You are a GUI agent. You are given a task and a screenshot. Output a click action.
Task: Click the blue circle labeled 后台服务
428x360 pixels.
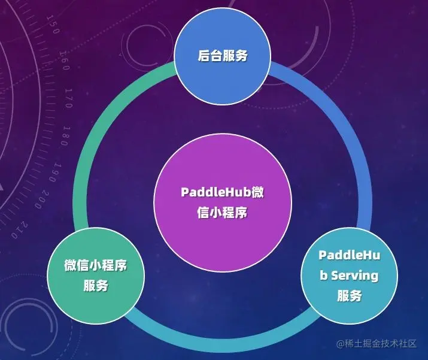coord(223,56)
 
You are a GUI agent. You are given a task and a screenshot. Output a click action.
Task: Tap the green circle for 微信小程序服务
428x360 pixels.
coord(96,274)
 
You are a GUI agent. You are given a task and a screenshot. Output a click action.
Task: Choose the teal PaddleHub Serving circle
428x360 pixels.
coord(349,275)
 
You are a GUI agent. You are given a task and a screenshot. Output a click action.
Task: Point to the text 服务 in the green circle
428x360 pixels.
coord(96,285)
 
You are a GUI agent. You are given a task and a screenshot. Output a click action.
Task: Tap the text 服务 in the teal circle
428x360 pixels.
coord(349,296)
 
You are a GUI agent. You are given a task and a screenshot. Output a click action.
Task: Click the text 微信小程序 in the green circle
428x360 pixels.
coord(96,265)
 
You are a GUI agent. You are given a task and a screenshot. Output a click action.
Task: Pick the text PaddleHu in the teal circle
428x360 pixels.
coord(349,256)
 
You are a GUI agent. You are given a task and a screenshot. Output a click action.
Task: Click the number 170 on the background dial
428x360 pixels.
coord(69,98)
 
